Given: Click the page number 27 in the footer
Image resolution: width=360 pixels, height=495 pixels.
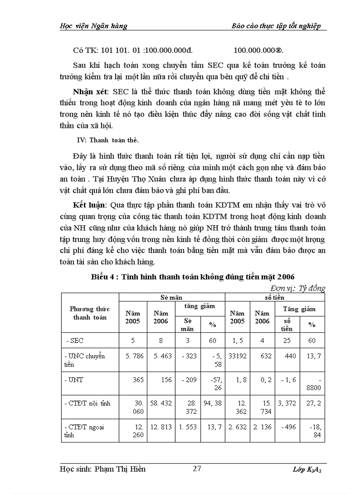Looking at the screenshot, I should [197, 469].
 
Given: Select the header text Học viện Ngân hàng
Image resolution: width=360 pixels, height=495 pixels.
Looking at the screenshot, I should [93, 26].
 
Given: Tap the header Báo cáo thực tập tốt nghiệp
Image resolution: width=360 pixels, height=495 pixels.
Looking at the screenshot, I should [276, 26].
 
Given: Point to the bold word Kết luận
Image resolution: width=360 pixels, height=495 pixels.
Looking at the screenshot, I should [87, 206].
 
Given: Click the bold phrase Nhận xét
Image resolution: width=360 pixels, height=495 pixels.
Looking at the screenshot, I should [91, 91].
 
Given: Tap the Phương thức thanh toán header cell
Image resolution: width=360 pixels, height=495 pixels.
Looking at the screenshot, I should [90, 313].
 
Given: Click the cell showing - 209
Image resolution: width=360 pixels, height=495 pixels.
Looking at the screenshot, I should [187, 380].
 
